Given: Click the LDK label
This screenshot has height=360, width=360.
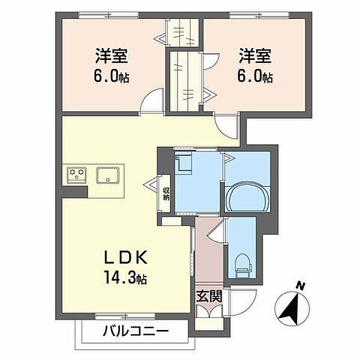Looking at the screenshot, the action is [x=126, y=257].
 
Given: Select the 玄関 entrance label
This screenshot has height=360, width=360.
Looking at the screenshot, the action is [x=209, y=296].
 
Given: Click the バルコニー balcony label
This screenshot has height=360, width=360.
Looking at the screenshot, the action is [x=136, y=331].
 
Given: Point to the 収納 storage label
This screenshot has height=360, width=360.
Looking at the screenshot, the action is [x=166, y=194].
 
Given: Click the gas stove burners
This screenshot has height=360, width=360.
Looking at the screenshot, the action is [x=77, y=174].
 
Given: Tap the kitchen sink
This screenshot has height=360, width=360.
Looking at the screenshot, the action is [x=107, y=175].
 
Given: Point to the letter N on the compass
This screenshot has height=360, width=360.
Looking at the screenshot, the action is [x=301, y=286].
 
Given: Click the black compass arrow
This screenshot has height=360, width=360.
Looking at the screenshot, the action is [x=292, y=310].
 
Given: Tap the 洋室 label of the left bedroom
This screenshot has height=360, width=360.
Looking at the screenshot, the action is [x=112, y=56].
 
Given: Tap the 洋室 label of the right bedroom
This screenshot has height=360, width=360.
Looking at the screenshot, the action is [x=255, y=56].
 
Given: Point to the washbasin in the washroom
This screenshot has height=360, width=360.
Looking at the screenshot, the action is [x=184, y=163].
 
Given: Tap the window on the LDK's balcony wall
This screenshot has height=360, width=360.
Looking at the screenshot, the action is [x=125, y=317].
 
